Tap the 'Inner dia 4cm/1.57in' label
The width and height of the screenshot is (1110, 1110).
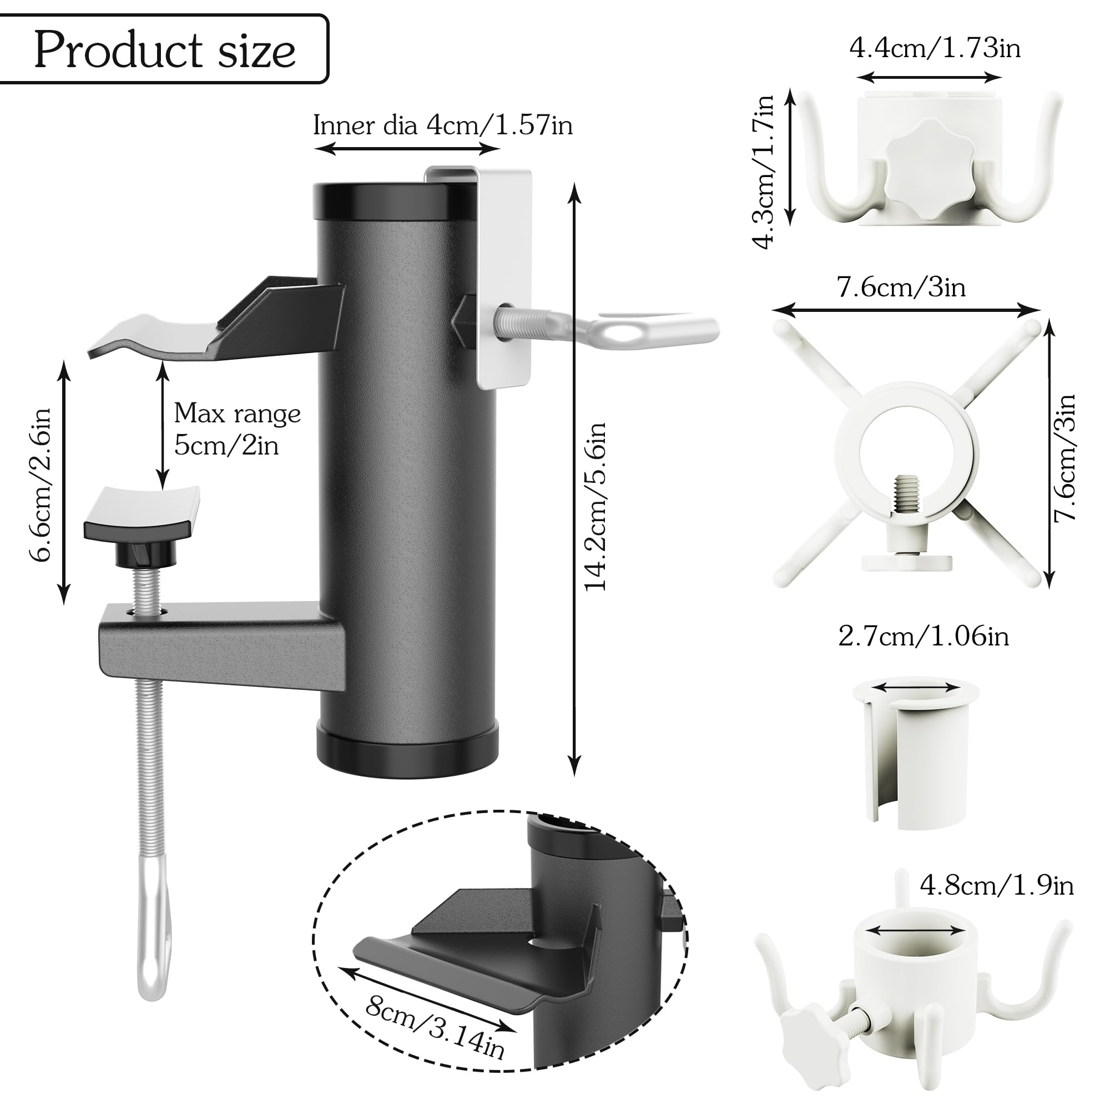click(x=443, y=125)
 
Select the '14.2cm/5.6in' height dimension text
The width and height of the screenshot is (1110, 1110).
click(x=596, y=506)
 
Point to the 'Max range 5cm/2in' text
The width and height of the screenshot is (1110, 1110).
click(x=238, y=428)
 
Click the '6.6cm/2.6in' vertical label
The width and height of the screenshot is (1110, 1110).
click(x=42, y=485)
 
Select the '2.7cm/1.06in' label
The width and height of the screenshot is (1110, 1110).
click(x=924, y=637)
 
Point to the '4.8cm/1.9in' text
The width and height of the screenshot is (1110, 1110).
click(x=997, y=885)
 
